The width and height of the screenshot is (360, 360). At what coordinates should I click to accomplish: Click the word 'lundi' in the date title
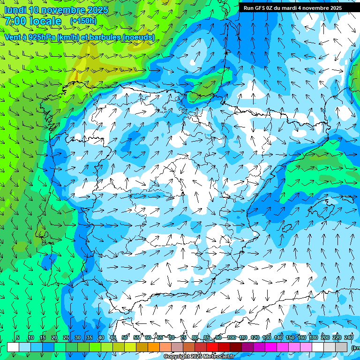point(15,10)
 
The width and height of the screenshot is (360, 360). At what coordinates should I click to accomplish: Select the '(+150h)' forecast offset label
point(83,21)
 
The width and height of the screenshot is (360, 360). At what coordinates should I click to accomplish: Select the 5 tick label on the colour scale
point(18,337)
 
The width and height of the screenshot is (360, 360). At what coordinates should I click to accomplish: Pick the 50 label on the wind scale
point(125,337)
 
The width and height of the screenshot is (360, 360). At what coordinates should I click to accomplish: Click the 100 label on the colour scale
point(232,337)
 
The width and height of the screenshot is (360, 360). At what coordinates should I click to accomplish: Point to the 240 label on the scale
point(349,337)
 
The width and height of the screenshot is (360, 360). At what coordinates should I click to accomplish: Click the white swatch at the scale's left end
point(13,347)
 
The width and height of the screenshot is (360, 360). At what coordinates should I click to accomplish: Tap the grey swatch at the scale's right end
point(342,347)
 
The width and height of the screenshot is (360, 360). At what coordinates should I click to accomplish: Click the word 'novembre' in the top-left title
point(63,10)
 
